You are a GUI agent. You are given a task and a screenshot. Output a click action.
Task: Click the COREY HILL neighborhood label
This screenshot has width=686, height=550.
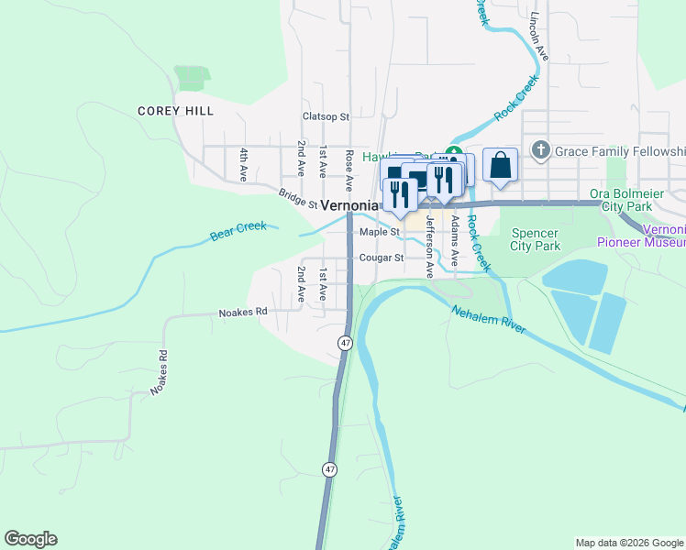(x=175, y=111)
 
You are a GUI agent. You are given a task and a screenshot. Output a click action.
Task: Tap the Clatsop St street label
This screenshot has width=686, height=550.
(x=326, y=116)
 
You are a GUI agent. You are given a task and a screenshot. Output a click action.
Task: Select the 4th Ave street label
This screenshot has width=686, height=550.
(x=244, y=162)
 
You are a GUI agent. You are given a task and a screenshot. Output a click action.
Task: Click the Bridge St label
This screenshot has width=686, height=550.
(x=298, y=198)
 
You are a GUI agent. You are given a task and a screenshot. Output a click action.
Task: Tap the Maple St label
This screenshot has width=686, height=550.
(x=380, y=232)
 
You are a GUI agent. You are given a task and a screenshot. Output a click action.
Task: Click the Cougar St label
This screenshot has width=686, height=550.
(x=382, y=258)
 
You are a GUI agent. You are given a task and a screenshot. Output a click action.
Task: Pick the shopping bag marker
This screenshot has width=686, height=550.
(x=500, y=165)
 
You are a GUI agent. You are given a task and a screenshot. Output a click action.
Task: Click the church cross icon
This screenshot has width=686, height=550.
(x=541, y=149)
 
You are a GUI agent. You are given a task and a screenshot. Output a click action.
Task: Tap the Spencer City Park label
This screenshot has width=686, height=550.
(x=535, y=239)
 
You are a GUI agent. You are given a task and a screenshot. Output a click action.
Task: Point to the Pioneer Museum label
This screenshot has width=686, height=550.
(x=641, y=243)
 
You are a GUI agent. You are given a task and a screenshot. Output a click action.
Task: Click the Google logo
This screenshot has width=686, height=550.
(x=30, y=539)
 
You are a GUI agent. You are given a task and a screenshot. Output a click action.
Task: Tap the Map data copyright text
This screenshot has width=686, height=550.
(x=629, y=543)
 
